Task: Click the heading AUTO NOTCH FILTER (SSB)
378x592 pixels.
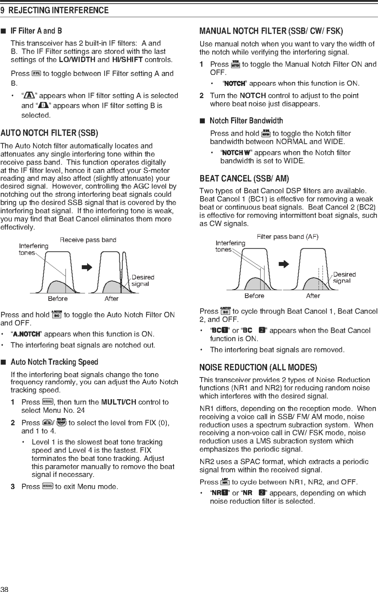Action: (x=49, y=133)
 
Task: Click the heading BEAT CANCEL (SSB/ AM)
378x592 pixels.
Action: (x=244, y=178)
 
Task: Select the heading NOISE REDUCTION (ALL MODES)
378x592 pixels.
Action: (x=258, y=367)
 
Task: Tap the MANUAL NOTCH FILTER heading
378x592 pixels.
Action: (x=271, y=31)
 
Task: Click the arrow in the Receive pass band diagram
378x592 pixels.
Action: (x=87, y=267)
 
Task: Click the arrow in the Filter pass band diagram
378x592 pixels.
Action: (x=284, y=264)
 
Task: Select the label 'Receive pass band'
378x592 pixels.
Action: (x=88, y=240)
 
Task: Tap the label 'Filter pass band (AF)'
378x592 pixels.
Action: (x=287, y=237)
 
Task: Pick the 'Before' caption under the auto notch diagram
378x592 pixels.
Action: (x=57, y=299)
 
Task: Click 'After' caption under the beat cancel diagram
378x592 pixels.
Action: (x=313, y=296)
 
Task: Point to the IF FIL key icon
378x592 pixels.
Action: (x=36, y=74)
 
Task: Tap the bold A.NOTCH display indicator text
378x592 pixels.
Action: (x=27, y=334)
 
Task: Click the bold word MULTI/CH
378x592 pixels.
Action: (x=119, y=402)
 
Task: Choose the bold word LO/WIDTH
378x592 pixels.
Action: (x=77, y=60)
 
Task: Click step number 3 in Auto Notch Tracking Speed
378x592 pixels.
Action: (x=13, y=487)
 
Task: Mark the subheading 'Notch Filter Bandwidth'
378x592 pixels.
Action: (x=246, y=121)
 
